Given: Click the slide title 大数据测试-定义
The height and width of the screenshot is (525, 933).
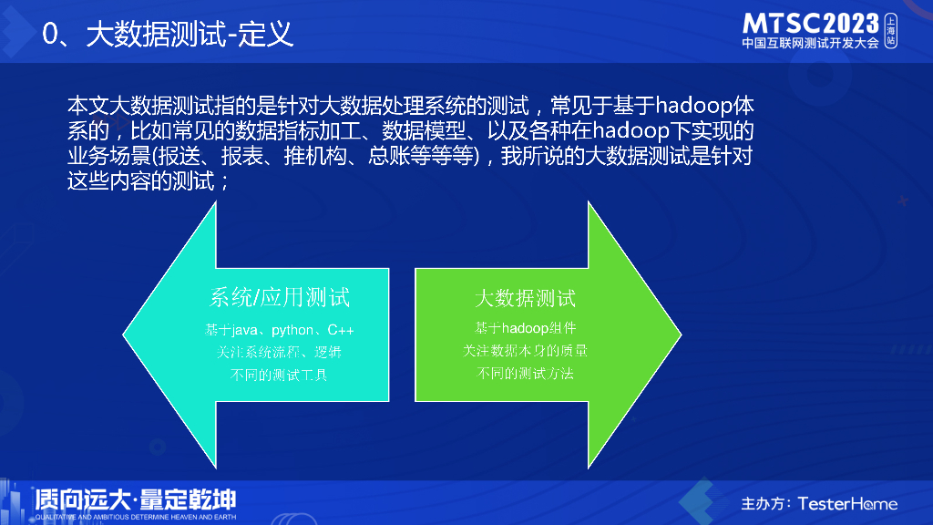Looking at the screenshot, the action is click(190, 34).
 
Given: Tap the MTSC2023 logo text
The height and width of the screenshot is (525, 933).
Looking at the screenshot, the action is click(810, 24).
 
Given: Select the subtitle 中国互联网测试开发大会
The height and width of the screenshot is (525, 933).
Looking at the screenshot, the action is click(810, 43).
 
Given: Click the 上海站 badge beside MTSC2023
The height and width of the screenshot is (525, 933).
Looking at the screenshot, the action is click(891, 30).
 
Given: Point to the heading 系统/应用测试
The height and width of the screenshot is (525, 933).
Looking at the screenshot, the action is click(279, 297).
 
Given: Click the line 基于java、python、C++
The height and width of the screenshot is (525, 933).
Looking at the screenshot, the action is click(279, 330).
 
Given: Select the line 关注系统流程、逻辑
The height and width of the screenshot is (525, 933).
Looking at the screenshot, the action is click(279, 352).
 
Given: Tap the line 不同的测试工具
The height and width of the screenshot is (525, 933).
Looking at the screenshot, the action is click(279, 375).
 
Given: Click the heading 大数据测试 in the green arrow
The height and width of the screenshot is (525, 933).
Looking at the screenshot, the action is click(525, 298).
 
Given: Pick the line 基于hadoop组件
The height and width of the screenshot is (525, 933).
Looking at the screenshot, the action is click(525, 328).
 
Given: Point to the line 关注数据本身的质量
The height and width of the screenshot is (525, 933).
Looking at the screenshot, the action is click(525, 351).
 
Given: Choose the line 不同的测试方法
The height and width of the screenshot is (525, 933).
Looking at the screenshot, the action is click(525, 373).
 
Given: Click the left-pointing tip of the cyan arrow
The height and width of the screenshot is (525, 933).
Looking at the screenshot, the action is click(123, 335).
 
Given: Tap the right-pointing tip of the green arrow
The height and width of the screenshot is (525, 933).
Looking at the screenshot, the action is click(681, 335).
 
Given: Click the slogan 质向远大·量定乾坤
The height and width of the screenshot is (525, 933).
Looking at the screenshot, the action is click(136, 499).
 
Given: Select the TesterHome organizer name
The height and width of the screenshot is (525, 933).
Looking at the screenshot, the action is click(847, 504).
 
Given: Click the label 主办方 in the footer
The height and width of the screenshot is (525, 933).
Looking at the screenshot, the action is click(764, 504).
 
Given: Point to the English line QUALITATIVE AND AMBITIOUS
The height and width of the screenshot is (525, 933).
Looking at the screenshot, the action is click(136, 517).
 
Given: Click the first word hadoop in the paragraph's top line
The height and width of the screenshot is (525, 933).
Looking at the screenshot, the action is click(693, 106).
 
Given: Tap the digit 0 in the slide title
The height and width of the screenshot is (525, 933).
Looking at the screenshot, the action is click(50, 35).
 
